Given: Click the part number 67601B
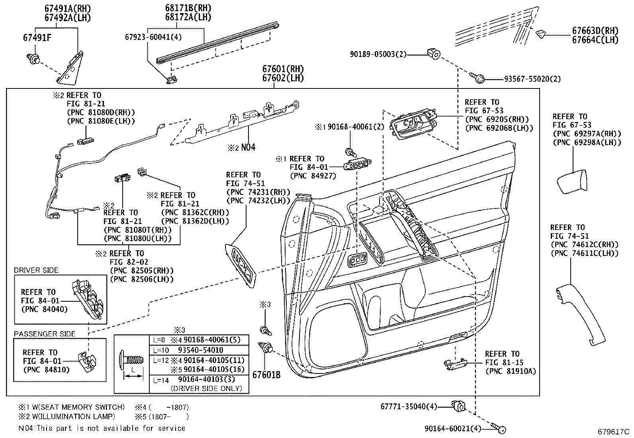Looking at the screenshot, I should click(266, 375).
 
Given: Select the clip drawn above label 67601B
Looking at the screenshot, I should click(266, 348).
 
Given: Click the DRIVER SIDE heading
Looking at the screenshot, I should click(36, 270).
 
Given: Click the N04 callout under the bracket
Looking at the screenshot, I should click(248, 147).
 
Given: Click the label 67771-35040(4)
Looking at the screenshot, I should click(409, 407).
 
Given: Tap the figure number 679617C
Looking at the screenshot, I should click(613, 431).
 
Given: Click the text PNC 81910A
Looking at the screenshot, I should click(511, 371).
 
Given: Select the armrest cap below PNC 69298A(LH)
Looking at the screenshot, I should click(572, 181).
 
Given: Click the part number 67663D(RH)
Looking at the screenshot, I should click(595, 31).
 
